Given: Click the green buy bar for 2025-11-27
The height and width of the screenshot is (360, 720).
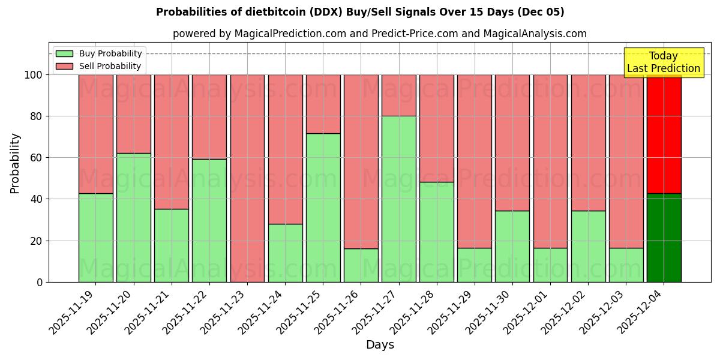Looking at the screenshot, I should pos(399,199).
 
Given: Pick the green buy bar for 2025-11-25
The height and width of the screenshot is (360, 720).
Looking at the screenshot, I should pos(323,208).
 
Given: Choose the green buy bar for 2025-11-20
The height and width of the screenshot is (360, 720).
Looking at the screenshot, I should pos(133,217).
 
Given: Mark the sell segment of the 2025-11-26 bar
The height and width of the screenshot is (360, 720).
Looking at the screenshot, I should pos(361,161).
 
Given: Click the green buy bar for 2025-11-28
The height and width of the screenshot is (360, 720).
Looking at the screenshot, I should pos(437,232).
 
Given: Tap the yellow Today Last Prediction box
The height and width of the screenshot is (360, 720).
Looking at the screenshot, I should pos(663,62).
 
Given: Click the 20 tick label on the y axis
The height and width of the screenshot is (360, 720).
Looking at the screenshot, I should pos(37,241).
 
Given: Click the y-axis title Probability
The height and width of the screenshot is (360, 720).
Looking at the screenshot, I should pos(15,163).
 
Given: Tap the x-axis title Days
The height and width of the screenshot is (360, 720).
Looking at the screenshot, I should pos(380,345).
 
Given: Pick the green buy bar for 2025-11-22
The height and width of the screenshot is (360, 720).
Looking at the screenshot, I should pos(209,220).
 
